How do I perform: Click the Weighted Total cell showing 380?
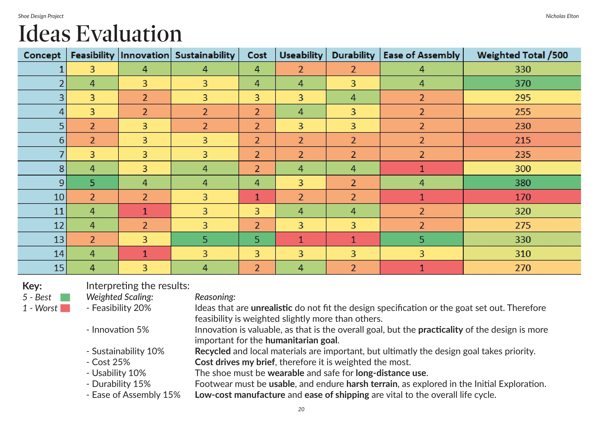coord(522,183)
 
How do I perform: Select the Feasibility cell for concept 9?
coord(93,183)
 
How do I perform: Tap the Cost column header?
coord(257,55)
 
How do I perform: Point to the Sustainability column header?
coord(205,55)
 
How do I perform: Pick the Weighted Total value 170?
coord(522,197)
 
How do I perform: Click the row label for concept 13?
coord(42,239)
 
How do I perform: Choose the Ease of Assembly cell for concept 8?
coord(422,168)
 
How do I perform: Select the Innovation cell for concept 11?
coord(145,211)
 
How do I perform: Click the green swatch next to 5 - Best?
coord(65,297)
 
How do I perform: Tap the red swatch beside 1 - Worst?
coord(65,308)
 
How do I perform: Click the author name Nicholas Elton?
coord(562,16)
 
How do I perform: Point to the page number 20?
coord(301,409)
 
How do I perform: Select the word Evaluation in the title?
coord(129,34)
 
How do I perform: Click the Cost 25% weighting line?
coord(108,362)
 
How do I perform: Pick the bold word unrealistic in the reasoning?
coord(271,308)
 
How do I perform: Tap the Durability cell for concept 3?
coord(353,98)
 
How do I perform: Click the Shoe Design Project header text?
coord(41,16)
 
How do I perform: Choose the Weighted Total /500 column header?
coord(522,55)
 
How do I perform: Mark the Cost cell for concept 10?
coord(257,197)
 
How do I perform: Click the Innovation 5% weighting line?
coord(118,329)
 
